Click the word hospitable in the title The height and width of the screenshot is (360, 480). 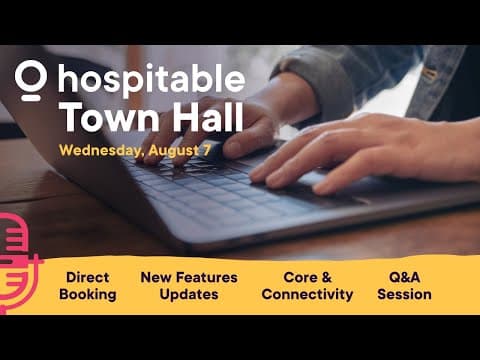pyautogui.click(x=150, y=80)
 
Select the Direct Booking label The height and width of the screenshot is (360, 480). pyautogui.click(x=88, y=285)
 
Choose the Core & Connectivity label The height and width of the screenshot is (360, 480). pyautogui.click(x=307, y=285)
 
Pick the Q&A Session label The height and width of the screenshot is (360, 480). pyautogui.click(x=405, y=285)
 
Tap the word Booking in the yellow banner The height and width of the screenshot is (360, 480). pyautogui.click(x=88, y=295)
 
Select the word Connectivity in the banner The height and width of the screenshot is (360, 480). pyautogui.click(x=307, y=295)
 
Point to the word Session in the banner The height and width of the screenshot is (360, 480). pyautogui.click(x=405, y=295)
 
